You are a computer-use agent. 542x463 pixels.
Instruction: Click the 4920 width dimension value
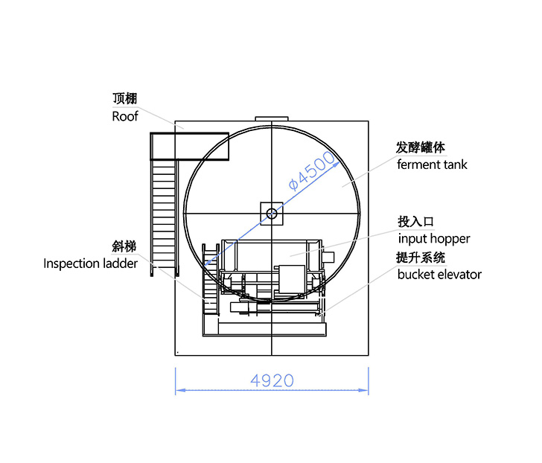pos(272,381)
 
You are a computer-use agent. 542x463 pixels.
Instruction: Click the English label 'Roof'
pos(125,116)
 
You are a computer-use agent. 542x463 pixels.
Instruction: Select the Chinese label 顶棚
pos(125,98)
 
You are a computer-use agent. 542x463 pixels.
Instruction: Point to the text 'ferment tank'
pos(432,165)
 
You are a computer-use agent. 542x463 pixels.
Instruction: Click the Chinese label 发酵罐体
pos(421,147)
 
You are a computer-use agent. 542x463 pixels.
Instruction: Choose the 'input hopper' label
pos(434,239)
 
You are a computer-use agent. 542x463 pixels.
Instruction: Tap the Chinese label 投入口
pos(415,222)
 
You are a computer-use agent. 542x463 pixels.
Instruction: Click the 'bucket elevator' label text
pos(439,275)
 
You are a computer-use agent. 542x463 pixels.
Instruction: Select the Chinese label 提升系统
pos(421,258)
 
